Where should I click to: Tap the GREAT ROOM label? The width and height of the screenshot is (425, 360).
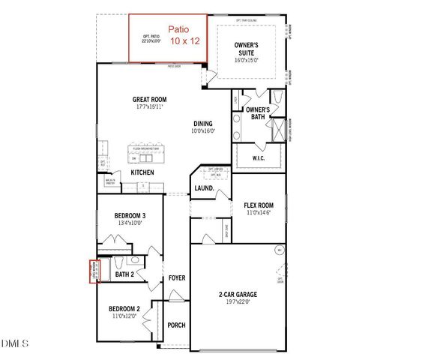coord(149,99)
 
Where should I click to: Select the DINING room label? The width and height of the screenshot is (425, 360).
coord(203,124)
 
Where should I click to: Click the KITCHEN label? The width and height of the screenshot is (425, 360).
coord(142,172)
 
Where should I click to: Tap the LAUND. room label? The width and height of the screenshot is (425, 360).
coord(204,188)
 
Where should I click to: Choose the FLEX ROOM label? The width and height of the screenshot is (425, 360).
coord(259,205)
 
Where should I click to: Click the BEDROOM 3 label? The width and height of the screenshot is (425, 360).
coord(130,216)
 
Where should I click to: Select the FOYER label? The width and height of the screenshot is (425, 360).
coord(177,278)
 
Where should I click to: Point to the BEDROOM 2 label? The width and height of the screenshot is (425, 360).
coord(124,308)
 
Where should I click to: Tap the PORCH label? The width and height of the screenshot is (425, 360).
coord(176,325)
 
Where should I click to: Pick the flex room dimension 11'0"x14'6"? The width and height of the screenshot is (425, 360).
coord(259,213)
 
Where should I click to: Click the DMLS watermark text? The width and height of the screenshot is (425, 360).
coord(15,343)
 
